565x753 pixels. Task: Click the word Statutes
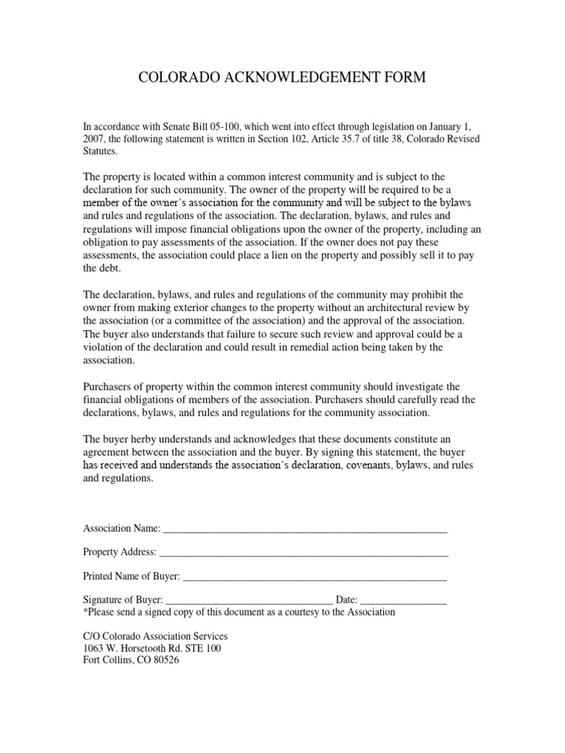point(100,151)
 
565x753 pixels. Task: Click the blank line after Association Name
point(305,529)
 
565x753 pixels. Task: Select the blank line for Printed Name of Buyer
point(314,577)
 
